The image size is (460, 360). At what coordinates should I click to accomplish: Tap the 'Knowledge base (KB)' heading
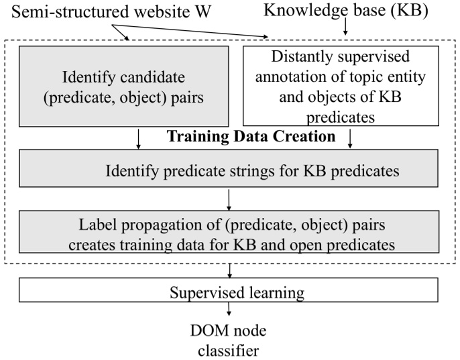(345, 9)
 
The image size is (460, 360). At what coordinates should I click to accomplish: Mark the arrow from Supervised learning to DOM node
(230, 309)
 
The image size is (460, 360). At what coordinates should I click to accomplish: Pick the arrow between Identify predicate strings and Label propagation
(230, 198)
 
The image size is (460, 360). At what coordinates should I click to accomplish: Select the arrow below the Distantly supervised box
(351, 139)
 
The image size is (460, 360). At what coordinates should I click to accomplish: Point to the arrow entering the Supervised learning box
(230, 271)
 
